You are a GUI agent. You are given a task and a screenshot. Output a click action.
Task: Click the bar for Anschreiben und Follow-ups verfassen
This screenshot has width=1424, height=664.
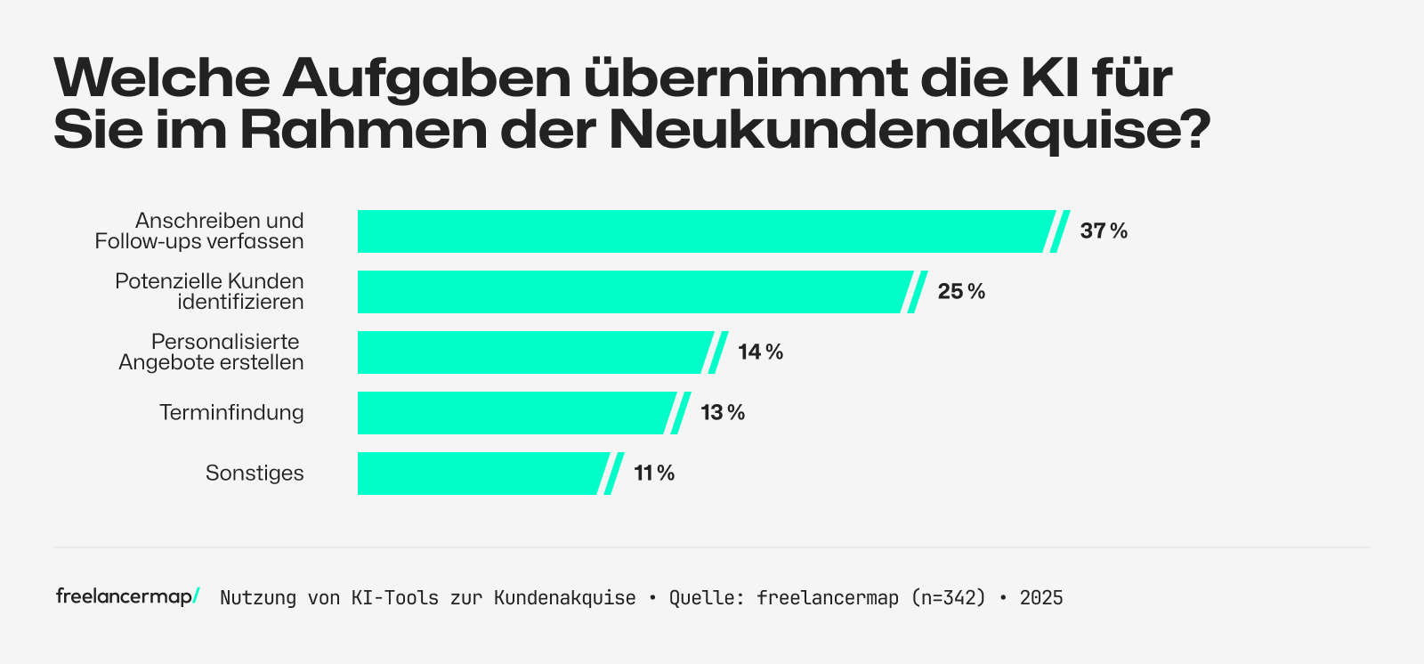[x=703, y=231]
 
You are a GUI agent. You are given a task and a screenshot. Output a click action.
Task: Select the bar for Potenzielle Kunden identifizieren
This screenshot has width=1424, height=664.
[x=632, y=292]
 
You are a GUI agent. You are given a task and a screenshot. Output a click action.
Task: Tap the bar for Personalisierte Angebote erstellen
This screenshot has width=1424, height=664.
[x=534, y=352]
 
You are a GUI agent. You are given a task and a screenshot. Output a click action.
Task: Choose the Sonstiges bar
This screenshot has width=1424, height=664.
[x=481, y=474]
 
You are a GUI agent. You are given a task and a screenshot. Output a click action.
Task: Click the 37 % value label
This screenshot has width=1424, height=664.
[x=1104, y=231]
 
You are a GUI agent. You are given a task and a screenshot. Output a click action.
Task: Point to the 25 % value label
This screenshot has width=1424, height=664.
[x=961, y=292]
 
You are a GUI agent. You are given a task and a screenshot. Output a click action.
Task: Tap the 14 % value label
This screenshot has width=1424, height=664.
[x=760, y=352]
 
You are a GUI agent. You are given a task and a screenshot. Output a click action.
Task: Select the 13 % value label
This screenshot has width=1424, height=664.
[x=723, y=413]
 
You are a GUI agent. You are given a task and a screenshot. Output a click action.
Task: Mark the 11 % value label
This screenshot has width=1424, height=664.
[x=654, y=474]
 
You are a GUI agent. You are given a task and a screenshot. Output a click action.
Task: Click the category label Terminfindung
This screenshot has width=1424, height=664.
[x=231, y=413]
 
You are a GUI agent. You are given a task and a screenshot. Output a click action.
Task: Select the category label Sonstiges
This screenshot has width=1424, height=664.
[x=255, y=474]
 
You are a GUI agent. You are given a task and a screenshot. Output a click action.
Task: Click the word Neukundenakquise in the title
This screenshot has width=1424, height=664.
[x=908, y=130]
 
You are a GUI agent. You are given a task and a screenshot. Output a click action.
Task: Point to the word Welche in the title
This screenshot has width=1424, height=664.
[x=161, y=78]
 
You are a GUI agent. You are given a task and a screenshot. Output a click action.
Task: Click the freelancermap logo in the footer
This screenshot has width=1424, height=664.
[x=127, y=596]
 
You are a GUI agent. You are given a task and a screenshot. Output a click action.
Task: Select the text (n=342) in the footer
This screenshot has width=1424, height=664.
[x=949, y=598]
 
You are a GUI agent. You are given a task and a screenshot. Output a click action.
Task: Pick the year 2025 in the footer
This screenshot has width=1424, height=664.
[x=1041, y=598]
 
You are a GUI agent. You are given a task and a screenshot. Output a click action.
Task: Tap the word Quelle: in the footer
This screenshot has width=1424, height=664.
[x=708, y=598]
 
